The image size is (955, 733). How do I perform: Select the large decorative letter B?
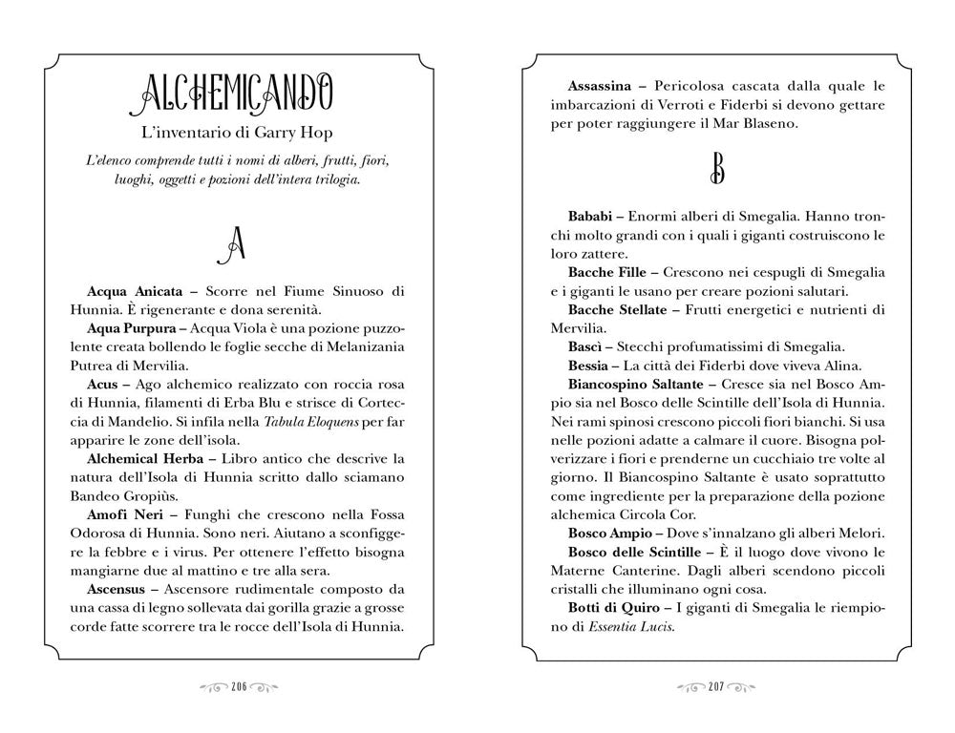[717, 169]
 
